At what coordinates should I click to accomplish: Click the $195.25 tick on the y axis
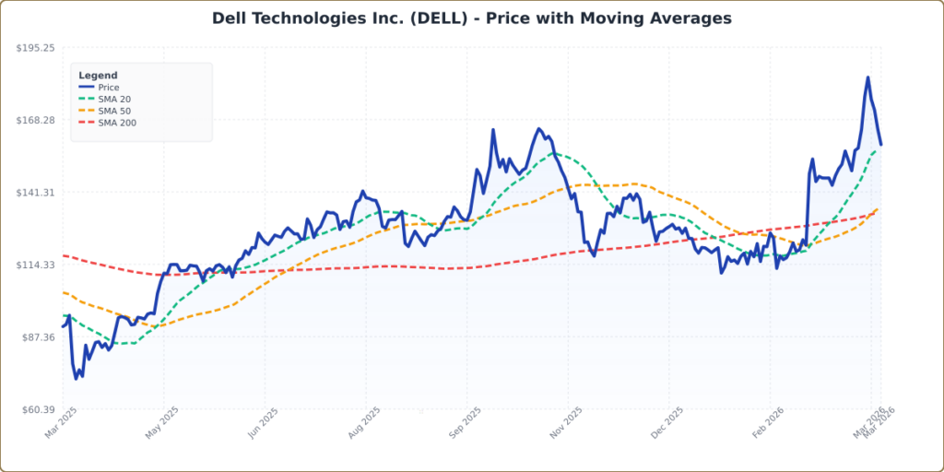coord(36,48)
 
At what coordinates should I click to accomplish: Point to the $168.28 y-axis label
coord(36,121)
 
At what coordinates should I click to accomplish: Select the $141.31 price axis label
coord(36,193)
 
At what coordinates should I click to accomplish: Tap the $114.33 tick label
coord(36,265)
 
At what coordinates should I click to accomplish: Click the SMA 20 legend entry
coord(113,100)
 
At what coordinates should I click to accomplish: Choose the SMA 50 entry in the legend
coord(113,111)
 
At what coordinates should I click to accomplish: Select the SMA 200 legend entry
coord(116,123)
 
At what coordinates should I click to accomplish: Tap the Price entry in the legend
coord(108,88)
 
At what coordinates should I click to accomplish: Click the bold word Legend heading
coord(98,76)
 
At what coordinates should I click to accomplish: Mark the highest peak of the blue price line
coord(867,77)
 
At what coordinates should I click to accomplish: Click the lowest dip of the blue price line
coord(77,379)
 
